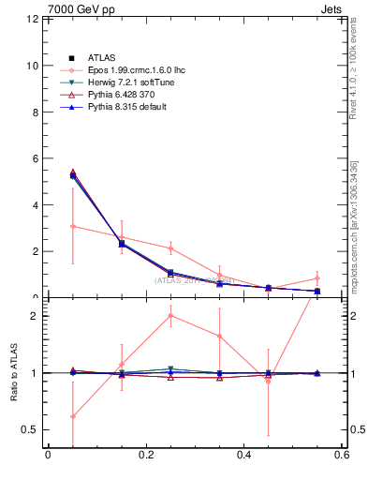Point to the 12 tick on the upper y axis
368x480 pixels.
click(32, 20)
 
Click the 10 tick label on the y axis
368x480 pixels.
click(32, 66)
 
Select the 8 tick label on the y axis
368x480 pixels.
click(35, 112)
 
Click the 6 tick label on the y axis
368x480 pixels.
click(35, 158)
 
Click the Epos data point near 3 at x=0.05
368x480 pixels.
click(73, 226)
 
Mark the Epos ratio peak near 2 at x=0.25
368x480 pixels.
click(170, 315)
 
